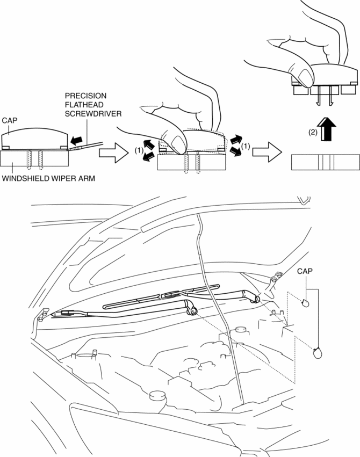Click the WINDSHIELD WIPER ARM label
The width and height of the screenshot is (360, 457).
coord(48,178)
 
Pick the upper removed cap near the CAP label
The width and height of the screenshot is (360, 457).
coord(306,303)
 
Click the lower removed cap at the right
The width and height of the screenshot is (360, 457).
coord(318,352)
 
